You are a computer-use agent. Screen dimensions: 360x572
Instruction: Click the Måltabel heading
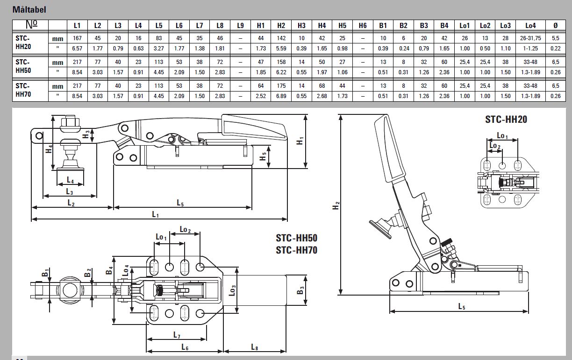[x=29, y=9]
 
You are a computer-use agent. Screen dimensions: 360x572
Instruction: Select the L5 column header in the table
[x=159, y=26]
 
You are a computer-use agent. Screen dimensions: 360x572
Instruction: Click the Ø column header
[x=555, y=26]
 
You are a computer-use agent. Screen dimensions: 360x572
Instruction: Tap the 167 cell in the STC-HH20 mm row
[x=77, y=38]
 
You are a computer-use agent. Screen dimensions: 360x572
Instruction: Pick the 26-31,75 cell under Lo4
[x=530, y=38]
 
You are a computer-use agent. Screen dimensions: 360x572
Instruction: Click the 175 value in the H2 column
[x=281, y=85]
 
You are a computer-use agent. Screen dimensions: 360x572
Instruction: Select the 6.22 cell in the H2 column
[x=281, y=72]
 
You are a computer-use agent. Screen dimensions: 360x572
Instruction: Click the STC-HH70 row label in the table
[x=22, y=90]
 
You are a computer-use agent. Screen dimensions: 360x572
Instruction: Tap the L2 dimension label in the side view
[x=71, y=203]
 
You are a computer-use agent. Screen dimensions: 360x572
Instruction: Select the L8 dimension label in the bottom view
[x=255, y=347]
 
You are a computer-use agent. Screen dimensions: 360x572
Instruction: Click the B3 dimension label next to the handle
[x=300, y=289]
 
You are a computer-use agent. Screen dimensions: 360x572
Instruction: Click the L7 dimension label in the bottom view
[x=177, y=335]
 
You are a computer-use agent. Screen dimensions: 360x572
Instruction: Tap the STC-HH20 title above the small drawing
[x=506, y=120]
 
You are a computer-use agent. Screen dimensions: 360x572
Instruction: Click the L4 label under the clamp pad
[x=70, y=180]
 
